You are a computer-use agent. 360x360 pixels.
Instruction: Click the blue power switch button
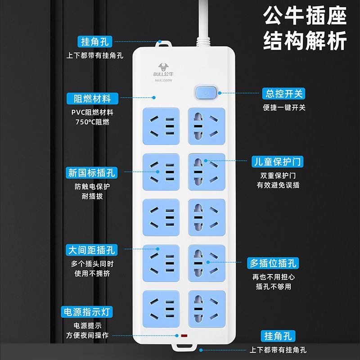point(206,93)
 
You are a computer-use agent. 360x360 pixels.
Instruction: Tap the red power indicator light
point(184,336)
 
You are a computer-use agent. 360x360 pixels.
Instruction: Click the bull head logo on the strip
point(163,67)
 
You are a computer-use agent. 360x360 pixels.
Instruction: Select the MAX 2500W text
point(163,81)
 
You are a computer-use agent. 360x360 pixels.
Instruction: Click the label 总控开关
point(283,94)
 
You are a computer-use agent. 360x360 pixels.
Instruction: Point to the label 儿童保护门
point(277,162)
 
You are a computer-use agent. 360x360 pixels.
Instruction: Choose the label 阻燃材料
point(93,99)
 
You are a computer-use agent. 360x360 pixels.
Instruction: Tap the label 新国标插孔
point(92,173)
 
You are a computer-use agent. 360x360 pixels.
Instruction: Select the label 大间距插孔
point(92,250)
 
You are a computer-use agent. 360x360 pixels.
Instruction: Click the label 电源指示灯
point(87,312)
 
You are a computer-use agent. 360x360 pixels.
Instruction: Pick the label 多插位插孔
point(273,263)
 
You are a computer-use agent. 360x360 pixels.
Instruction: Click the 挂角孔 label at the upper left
point(95,41)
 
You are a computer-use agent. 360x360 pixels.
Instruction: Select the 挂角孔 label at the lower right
point(278,336)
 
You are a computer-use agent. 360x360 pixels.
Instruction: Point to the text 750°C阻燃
point(93,121)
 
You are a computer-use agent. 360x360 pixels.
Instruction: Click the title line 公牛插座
point(305,16)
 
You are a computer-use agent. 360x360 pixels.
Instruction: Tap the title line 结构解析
point(305,40)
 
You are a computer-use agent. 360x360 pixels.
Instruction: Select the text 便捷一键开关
point(284,108)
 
